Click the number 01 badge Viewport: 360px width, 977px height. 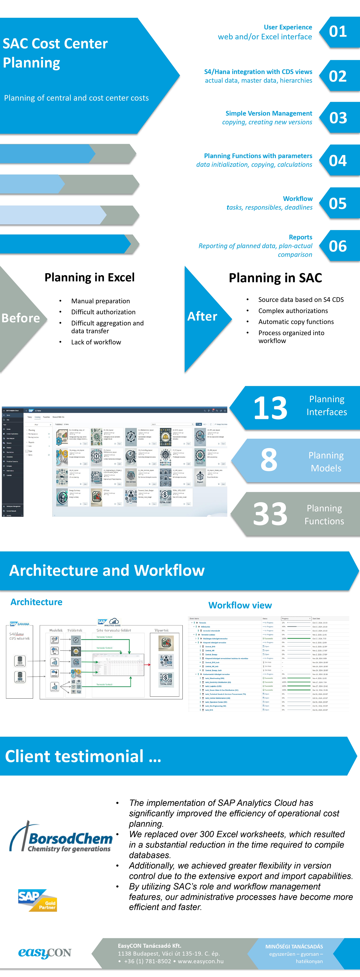(x=338, y=32)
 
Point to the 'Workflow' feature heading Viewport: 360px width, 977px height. (x=298, y=199)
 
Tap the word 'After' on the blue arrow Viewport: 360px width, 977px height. (x=202, y=316)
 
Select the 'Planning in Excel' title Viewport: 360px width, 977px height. (x=90, y=278)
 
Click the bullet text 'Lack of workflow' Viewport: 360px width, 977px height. (x=96, y=342)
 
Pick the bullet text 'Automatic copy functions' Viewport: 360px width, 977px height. (x=296, y=322)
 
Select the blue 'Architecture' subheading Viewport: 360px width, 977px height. (x=36, y=602)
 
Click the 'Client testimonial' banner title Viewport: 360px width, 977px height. (x=83, y=756)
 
